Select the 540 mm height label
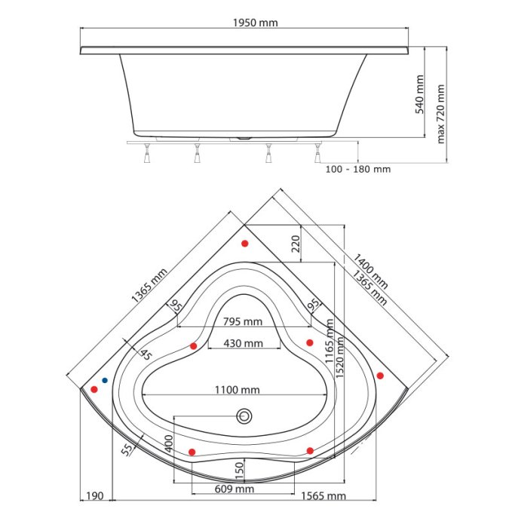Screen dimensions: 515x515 [421, 93]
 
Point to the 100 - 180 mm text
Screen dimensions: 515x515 [358, 169]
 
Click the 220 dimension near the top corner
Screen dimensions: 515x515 [296, 243]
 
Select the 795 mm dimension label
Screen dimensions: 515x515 [242, 322]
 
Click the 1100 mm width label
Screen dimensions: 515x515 [235, 390]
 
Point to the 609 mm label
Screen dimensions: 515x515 [234, 489]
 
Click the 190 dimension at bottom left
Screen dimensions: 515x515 [94, 495]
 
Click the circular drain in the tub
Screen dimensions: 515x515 [244, 415]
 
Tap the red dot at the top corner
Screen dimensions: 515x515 [245, 244]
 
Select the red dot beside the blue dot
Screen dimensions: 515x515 [94, 389]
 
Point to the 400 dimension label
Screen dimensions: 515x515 [169, 446]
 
